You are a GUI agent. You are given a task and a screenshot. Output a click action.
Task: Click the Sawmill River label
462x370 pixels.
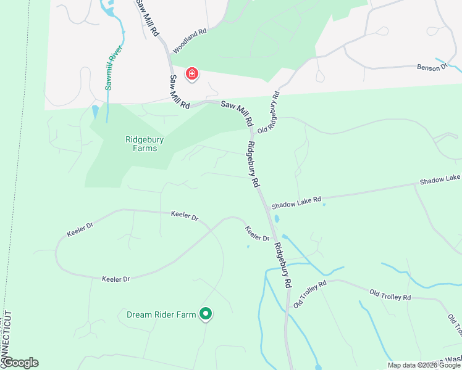(114, 68)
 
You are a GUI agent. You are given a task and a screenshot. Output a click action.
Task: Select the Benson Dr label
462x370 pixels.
(431, 67)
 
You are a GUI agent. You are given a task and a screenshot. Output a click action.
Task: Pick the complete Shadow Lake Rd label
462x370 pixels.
(296, 202)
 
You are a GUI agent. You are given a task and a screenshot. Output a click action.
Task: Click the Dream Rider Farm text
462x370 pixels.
(161, 314)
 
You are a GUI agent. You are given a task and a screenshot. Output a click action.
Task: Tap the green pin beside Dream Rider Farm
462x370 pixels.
(206, 314)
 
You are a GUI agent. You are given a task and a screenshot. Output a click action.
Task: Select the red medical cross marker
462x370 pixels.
(192, 75)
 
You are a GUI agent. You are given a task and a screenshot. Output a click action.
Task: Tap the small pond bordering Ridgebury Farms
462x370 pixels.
(94, 112)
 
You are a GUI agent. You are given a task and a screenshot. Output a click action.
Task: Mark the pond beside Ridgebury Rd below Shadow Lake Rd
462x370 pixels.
(276, 218)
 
